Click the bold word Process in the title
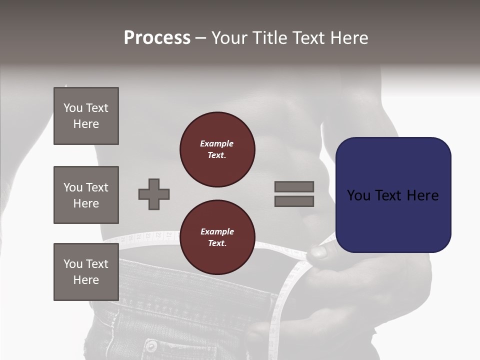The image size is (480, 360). (157, 37)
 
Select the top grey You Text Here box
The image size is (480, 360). (86, 116)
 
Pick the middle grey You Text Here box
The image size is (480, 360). (86, 195)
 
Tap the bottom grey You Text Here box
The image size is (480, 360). (86, 272)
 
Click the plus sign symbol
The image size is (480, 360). (154, 194)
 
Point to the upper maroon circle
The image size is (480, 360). (217, 149)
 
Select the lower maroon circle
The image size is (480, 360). (217, 237)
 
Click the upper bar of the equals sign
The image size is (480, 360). (294, 186)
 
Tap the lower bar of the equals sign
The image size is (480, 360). (294, 201)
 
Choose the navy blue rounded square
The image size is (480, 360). (393, 194)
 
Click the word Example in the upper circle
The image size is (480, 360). (216, 143)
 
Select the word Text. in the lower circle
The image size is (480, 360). (217, 243)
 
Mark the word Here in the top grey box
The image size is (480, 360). (86, 124)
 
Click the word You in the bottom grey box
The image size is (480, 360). (73, 264)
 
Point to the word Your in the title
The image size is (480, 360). (230, 37)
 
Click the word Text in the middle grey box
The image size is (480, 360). (96, 187)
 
